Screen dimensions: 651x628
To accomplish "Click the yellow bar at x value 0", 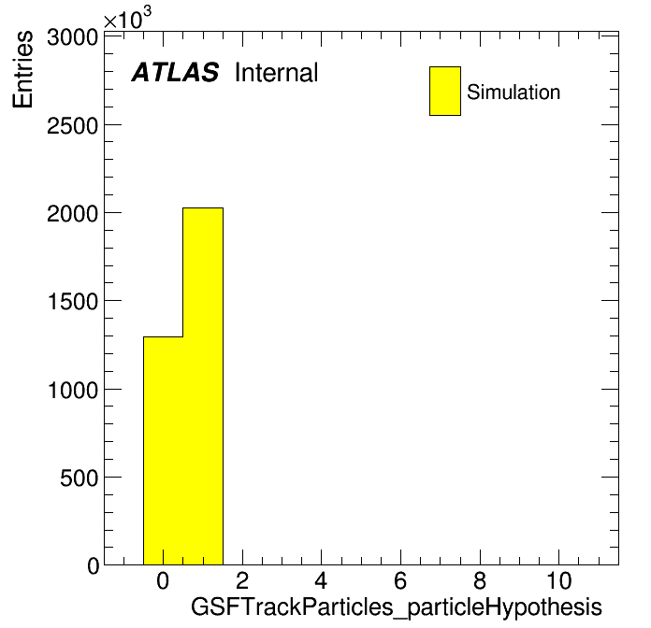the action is [x=163, y=450].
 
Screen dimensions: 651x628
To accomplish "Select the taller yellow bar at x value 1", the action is [x=203, y=386].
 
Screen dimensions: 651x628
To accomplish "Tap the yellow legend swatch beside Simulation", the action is [x=445, y=91].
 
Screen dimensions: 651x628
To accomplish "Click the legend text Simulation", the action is [x=514, y=93].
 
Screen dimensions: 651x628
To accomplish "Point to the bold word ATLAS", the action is [x=175, y=72].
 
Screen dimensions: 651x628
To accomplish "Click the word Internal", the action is [x=276, y=73].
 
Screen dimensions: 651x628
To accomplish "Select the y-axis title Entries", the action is [x=22, y=69].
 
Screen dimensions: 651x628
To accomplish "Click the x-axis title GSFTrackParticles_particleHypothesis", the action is [x=396, y=607].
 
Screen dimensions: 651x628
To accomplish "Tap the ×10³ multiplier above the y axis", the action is [x=127, y=18].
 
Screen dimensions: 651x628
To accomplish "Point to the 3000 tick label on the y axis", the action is [x=72, y=37].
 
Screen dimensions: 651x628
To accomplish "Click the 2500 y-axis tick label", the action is [x=72, y=125].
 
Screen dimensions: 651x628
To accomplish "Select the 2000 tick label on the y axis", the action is [x=72, y=214].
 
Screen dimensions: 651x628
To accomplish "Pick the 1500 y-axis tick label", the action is [x=73, y=302].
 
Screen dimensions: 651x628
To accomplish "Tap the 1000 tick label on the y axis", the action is [x=73, y=390].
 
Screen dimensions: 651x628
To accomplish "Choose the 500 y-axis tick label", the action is [x=79, y=478].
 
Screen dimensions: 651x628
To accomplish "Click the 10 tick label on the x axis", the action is [x=558, y=580].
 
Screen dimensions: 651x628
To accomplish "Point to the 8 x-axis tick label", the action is [x=480, y=580].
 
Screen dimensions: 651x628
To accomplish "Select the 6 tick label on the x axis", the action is [x=400, y=580].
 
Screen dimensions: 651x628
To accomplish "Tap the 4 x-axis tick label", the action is [x=321, y=580].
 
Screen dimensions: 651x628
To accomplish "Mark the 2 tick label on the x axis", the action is [x=242, y=580].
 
